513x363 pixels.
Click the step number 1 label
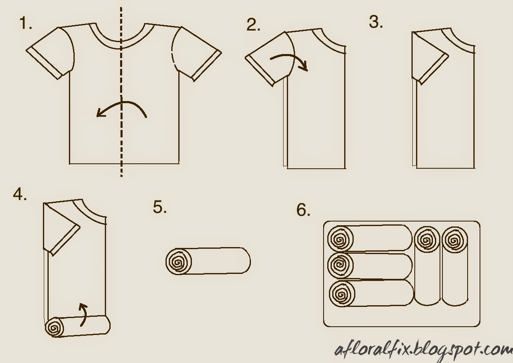coord(26,23)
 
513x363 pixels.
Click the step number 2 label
coord(253,25)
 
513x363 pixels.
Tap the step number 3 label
coord(376,22)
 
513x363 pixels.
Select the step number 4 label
coord(20,195)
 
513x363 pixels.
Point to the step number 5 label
coord(160,207)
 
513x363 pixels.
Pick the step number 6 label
coord(303,210)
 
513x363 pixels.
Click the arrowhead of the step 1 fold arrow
coord(101,113)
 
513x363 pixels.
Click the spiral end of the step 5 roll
coord(179,262)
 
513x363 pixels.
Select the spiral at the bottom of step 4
coord(54,327)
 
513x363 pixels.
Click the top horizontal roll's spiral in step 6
coord(340,239)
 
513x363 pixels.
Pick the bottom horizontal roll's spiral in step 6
coord(342,294)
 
